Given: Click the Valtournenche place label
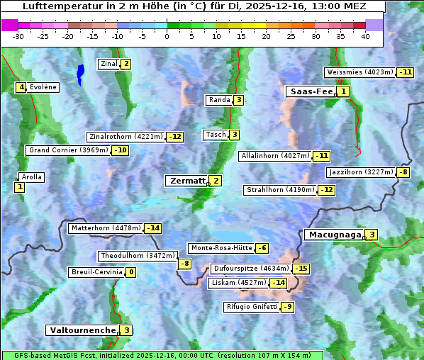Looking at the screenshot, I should [82, 330].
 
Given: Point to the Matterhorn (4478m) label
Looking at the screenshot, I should [106, 228].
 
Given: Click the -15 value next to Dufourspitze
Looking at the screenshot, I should [301, 269].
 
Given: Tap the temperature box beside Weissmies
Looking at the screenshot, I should [406, 72].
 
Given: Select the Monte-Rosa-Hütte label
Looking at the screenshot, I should [221, 248].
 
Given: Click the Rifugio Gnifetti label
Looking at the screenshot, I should [252, 307].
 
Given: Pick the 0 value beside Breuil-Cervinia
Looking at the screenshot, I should [131, 272].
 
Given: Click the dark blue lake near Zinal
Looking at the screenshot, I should [81, 73].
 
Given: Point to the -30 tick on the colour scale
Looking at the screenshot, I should [18, 36].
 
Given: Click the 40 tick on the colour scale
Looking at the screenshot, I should [365, 36].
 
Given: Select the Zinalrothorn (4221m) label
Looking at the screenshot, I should [125, 137].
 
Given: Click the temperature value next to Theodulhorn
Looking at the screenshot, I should [184, 264].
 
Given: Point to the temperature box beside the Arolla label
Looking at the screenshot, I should [19, 187].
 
